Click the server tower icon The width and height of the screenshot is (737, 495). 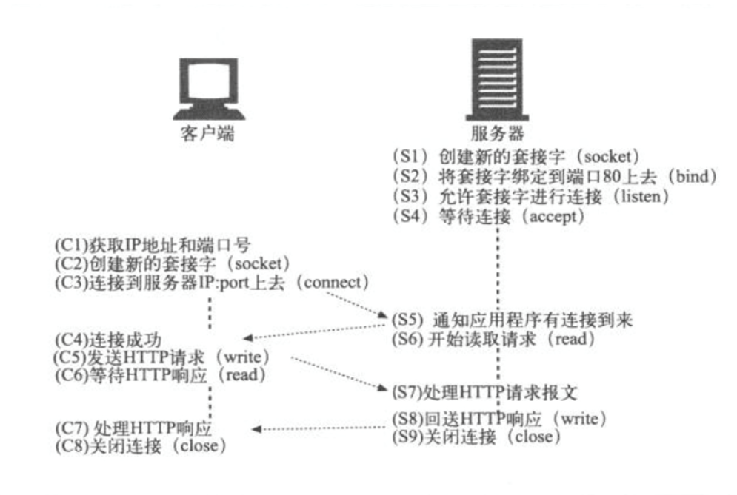point(494,70)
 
